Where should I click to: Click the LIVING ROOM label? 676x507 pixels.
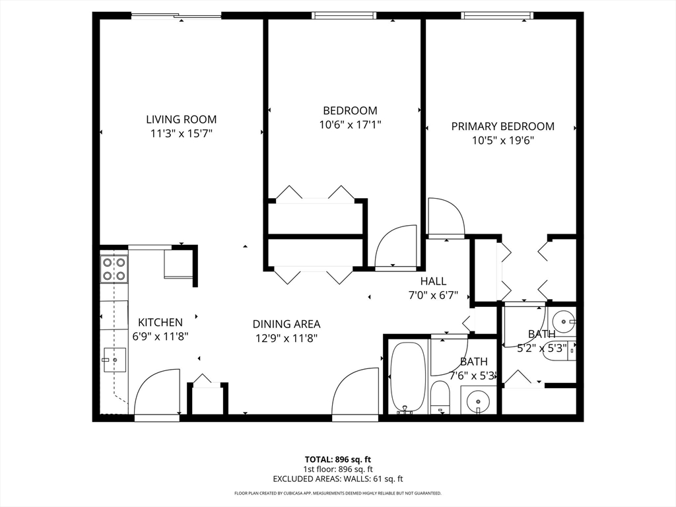click(181, 119)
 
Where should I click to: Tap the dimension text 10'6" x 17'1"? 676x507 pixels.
click(350, 124)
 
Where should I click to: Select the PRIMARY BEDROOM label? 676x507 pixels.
click(502, 126)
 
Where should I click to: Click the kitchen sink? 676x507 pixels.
click(113, 360)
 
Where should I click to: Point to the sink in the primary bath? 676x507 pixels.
click(563, 322)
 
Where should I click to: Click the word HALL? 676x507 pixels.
click(433, 282)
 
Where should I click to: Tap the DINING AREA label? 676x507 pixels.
click(287, 324)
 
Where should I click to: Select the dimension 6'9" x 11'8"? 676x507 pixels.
click(160, 335)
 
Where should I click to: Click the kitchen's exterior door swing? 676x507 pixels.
click(157, 393)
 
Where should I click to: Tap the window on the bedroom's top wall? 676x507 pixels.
click(344, 16)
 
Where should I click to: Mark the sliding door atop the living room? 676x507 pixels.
click(176, 17)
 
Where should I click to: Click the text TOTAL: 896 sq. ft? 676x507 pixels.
click(337, 459)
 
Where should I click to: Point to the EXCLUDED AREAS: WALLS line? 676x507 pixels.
click(337, 479)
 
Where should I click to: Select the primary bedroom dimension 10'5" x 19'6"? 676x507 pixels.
click(502, 140)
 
